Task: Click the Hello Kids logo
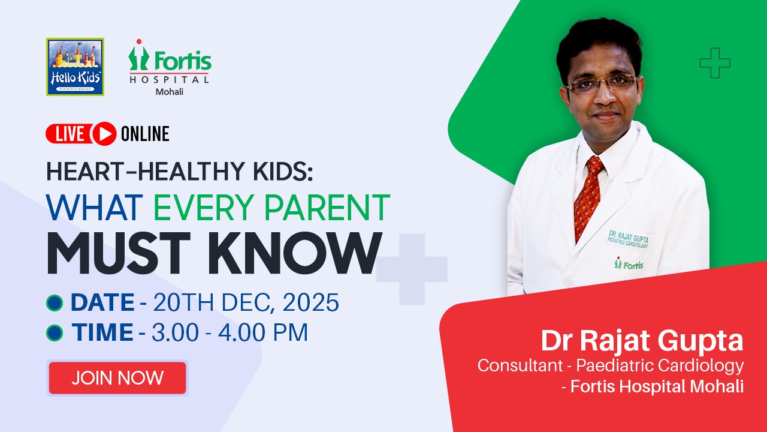point(75,67)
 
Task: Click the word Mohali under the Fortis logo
point(170,92)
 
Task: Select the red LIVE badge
point(70,134)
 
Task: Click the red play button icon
point(104,134)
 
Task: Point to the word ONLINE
point(145,134)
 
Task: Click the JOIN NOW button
point(117,378)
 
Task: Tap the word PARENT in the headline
point(327,208)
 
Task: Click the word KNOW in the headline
point(295,253)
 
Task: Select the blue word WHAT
point(95,208)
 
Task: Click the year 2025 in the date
point(310,302)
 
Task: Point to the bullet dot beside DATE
point(55,303)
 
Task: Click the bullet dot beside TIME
point(55,332)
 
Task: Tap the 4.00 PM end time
point(263,332)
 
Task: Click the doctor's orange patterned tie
point(588,198)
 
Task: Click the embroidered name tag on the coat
point(629,239)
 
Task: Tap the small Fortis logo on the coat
point(629,263)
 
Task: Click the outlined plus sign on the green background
point(715,63)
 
